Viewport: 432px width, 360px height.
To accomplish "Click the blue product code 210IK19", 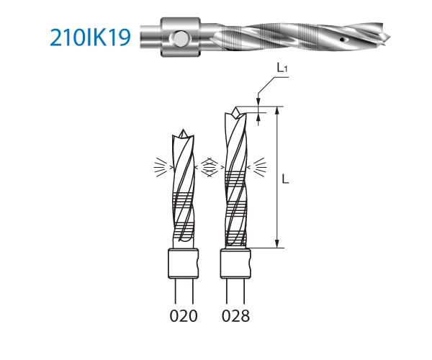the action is (90, 37).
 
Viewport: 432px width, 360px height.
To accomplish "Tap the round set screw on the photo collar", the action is (178, 37).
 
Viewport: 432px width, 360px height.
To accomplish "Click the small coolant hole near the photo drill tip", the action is (343, 39).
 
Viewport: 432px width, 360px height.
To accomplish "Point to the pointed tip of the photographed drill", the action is (389, 37).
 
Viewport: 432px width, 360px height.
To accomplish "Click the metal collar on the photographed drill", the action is (181, 37).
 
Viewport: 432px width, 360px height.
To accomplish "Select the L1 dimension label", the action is (282, 68).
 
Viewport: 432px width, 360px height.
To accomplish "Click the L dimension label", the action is (285, 179).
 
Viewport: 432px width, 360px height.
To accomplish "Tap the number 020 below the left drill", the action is (184, 316).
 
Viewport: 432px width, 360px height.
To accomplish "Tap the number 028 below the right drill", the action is (236, 316).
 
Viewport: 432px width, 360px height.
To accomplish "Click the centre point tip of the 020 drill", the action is (183, 130).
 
